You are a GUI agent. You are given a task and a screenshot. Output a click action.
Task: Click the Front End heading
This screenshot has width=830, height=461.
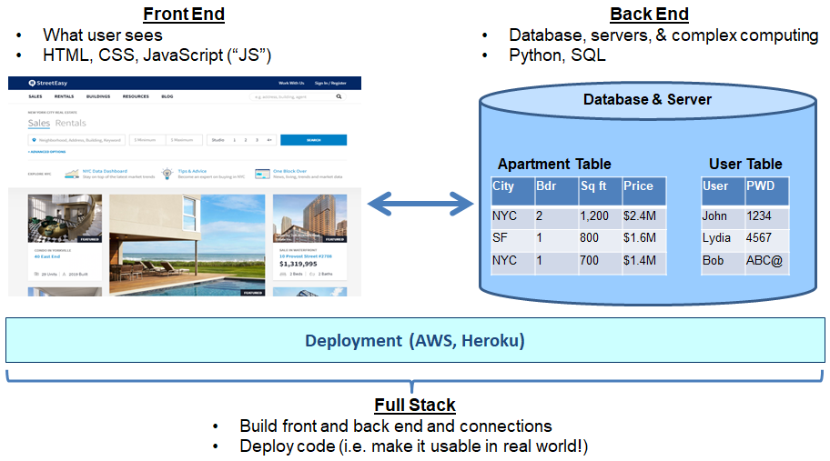coord(184,14)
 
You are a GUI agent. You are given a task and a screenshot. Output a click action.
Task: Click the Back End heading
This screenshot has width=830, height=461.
coord(648,14)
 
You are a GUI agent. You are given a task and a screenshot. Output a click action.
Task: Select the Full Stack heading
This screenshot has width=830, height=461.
coord(414,406)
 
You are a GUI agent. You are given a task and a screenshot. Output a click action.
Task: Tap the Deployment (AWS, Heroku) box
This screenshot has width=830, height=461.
coord(415,341)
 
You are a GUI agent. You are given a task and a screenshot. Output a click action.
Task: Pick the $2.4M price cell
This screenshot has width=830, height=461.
coord(641,216)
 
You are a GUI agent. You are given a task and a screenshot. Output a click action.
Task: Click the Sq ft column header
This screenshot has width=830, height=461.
coord(599,186)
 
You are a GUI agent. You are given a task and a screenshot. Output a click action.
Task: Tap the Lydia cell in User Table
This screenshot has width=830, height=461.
coord(717,238)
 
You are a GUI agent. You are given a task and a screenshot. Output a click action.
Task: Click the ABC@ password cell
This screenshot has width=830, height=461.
coord(764,260)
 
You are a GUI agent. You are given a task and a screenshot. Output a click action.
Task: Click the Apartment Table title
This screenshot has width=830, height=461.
coord(554,164)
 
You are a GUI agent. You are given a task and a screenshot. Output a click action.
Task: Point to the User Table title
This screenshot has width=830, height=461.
coord(745,164)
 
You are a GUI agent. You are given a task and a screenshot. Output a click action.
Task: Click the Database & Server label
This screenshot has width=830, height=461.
coord(647,99)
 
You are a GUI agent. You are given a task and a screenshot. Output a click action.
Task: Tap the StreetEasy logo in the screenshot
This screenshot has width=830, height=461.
coord(53,83)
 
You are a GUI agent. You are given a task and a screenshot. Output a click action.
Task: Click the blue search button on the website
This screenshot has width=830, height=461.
coord(313,140)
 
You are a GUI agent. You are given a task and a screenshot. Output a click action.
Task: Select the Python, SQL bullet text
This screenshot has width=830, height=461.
coord(557,55)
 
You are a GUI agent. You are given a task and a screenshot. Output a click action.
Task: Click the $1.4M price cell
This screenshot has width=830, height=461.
coord(641,260)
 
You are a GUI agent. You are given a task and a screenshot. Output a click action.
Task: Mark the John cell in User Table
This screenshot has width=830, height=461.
coord(715,216)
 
